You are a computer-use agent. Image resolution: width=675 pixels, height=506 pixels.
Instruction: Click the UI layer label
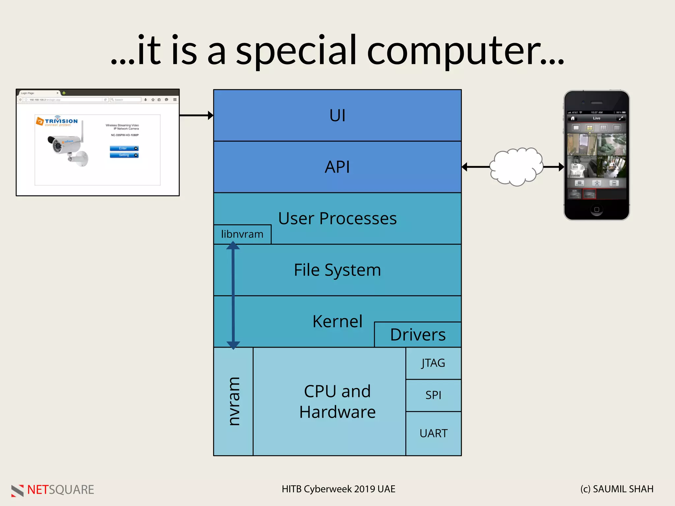point(337,116)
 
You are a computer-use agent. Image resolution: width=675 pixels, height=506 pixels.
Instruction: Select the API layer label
point(337,167)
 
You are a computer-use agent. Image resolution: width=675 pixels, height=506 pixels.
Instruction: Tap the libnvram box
point(242,234)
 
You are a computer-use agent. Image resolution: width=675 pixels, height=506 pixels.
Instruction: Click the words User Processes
point(337,218)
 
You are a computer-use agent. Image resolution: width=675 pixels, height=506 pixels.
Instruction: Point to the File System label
point(337,270)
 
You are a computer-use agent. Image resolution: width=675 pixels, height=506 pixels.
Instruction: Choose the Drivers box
point(418,335)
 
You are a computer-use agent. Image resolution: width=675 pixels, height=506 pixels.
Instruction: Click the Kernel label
point(337,322)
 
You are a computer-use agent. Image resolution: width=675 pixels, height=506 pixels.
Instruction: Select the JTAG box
point(433,363)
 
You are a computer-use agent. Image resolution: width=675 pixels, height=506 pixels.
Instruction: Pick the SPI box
point(433,395)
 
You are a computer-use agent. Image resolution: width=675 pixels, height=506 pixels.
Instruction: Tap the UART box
point(433,433)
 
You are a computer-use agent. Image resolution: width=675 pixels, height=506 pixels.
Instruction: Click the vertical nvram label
point(234,402)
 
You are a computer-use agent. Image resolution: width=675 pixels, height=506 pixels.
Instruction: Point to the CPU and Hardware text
point(337,402)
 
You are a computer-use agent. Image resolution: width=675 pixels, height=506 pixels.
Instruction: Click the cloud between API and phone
point(516,167)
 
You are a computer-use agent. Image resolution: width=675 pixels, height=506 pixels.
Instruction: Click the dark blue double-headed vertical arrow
point(233,295)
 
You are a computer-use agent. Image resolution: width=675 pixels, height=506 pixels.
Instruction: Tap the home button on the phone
point(596,210)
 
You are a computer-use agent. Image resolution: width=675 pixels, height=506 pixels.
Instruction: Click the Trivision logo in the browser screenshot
point(57,121)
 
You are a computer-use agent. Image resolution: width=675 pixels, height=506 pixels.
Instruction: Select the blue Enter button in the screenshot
point(124,148)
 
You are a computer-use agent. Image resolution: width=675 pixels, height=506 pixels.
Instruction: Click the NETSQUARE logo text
point(60,490)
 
